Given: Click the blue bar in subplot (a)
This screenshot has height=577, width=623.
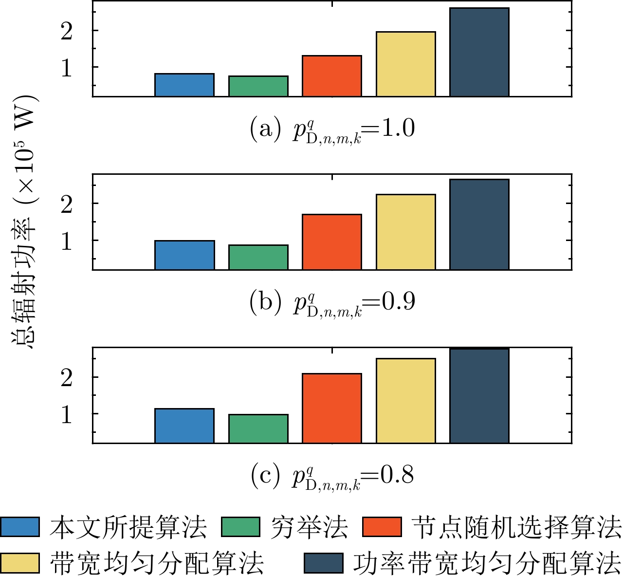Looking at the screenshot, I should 184,85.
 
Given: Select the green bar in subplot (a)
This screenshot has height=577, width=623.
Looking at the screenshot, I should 258,86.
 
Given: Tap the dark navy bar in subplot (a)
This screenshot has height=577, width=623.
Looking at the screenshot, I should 479,52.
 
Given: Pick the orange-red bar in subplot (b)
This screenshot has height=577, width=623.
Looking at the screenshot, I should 332,242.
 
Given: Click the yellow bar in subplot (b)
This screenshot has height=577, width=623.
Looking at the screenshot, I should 406,232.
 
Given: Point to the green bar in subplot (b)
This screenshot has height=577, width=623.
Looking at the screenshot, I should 258,257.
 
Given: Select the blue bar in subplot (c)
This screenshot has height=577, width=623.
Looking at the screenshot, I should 184,426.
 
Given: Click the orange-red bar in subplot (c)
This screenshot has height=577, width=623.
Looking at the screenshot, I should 332,408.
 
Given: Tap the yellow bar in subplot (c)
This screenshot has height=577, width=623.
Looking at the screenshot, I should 406,401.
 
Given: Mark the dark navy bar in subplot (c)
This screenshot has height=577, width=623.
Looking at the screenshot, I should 479,395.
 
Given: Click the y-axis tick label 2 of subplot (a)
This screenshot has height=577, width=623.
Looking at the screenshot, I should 67,31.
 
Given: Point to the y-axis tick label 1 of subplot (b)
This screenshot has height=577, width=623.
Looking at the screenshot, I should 67,241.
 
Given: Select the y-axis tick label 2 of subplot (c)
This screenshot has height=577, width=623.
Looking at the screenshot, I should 67,377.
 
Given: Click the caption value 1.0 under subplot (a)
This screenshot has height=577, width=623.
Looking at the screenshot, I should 398,128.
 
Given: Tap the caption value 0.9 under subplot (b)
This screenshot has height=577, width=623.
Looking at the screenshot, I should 398,301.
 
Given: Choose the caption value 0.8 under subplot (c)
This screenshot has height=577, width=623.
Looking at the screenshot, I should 397,474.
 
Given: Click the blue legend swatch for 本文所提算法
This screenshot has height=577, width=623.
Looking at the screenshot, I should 20,527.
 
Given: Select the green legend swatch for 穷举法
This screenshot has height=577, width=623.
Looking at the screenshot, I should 240,527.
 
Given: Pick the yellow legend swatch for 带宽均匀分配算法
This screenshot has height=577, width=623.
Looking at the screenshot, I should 20,563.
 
